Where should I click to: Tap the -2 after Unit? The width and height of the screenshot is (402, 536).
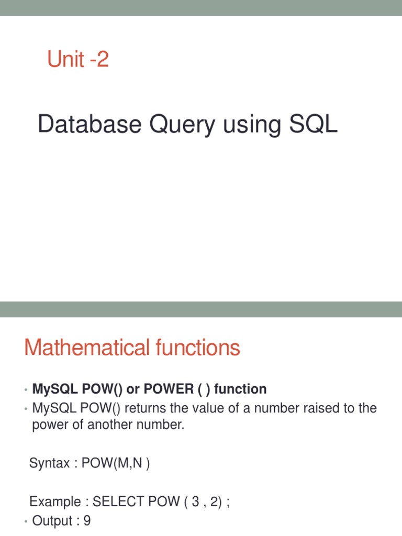[x=98, y=59]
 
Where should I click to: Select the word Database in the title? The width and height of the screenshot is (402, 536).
[x=90, y=125]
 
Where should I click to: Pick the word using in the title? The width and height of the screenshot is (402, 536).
[x=249, y=125]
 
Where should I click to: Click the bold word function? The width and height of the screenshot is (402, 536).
[x=241, y=389]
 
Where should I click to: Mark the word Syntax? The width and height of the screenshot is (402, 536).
[x=49, y=463]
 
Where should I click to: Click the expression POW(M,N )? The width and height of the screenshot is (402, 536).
[x=116, y=463]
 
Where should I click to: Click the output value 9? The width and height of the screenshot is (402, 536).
[x=87, y=521]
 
